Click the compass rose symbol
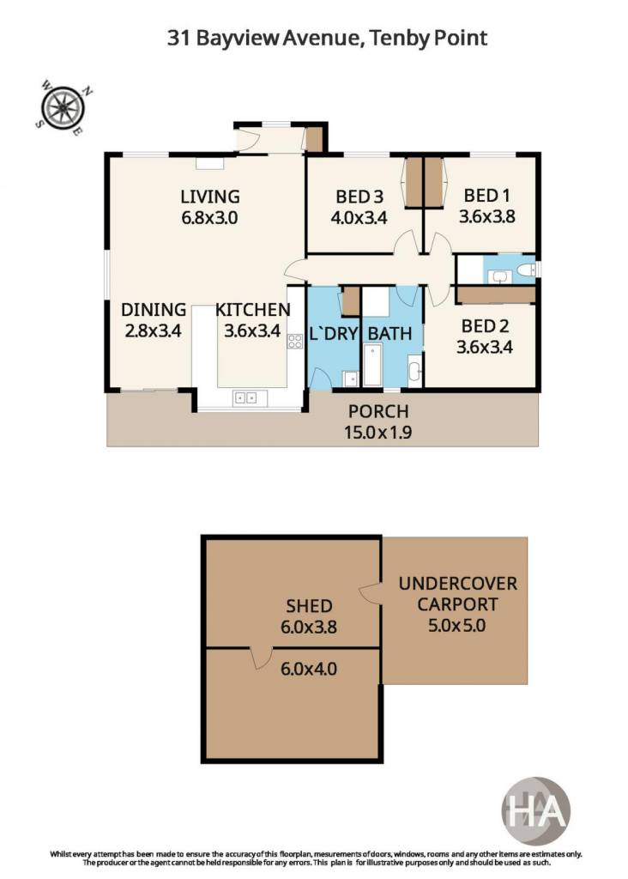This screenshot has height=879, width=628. coord(63,107)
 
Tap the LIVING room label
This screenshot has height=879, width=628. coord(210,197)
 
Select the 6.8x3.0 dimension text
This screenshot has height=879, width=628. coord(209,217)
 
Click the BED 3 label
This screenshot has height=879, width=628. coord(359,197)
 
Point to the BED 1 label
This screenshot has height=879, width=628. coord(486,196)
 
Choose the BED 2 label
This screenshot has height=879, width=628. coord(485,325)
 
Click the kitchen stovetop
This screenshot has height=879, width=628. coord(294,341)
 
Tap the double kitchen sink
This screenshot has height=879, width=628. coord(245,398)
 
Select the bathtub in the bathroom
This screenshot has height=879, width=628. coord(372,365)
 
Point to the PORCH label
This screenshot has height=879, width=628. coord(378,411)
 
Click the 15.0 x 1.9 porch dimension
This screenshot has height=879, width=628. coord(378,433)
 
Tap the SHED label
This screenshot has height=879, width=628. coord(309,606)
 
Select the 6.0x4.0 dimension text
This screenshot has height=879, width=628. coord(309,669)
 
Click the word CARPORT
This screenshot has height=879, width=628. coord(457,604)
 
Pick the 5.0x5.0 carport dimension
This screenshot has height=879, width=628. coord(456,625)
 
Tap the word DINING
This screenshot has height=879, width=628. coord(154,309)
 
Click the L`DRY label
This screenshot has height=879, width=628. coord(334,334)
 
